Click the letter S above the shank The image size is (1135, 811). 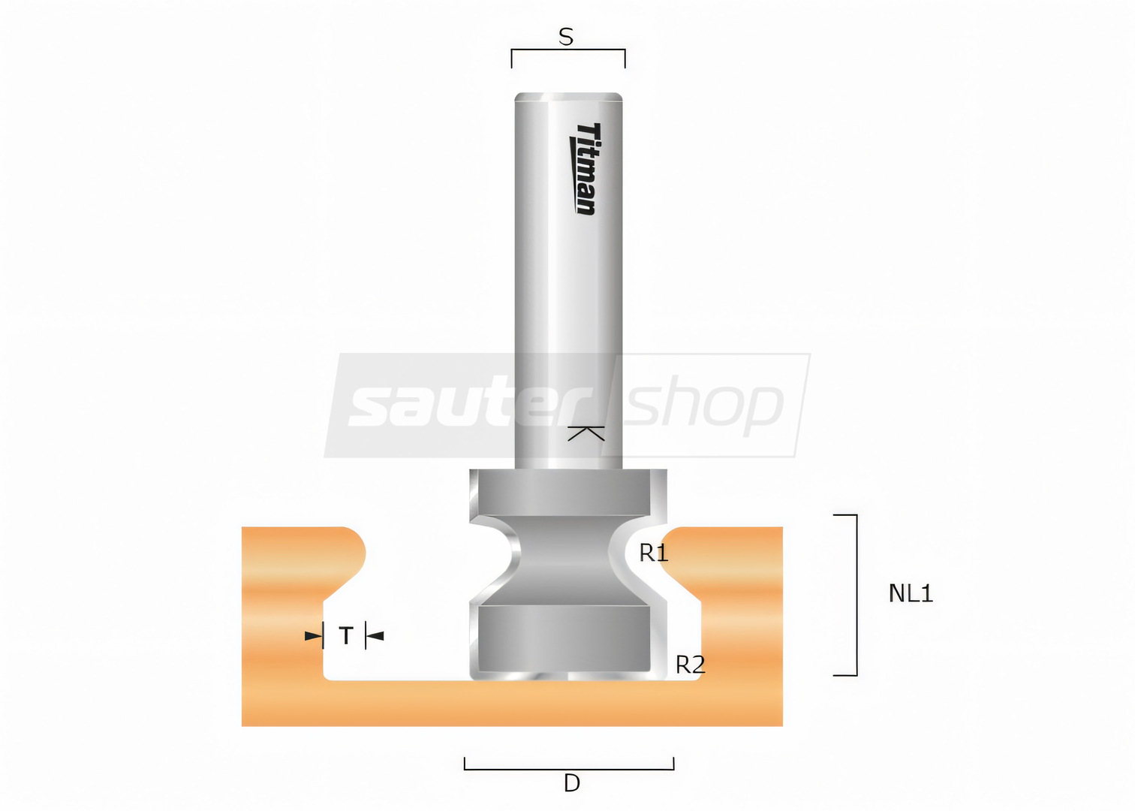tap(566, 37)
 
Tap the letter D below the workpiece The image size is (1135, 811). tap(571, 783)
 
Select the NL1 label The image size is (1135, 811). tap(911, 593)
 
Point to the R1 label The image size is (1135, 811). tap(654, 553)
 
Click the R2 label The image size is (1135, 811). tap(690, 665)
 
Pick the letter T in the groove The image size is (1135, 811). tap(346, 635)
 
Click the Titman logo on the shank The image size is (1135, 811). tap(585, 169)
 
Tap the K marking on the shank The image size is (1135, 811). tap(586, 433)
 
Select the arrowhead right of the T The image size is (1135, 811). tap(375, 635)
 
